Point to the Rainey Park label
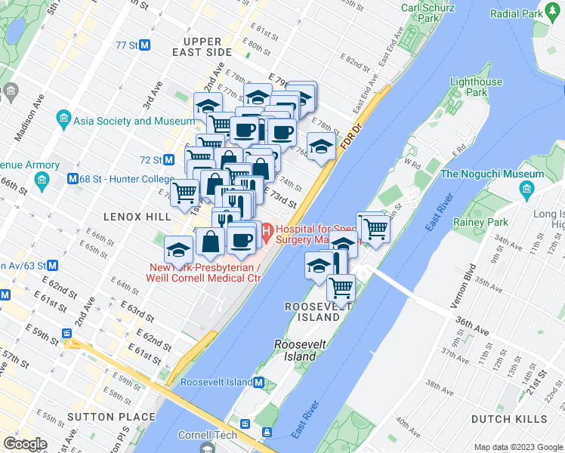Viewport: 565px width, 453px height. [x=480, y=223]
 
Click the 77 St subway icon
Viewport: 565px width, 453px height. [x=145, y=45]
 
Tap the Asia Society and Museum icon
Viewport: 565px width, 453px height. [x=63, y=120]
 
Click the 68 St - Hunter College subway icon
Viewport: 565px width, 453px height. [x=73, y=179]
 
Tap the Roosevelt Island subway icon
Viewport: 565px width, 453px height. [x=258, y=382]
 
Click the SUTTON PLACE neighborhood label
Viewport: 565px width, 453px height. [x=100, y=416]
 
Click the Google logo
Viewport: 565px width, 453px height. [x=26, y=444]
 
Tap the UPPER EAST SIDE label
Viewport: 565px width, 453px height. [x=202, y=47]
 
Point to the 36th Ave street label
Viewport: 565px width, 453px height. [x=472, y=324]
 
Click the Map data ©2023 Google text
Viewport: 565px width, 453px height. [x=517, y=447]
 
